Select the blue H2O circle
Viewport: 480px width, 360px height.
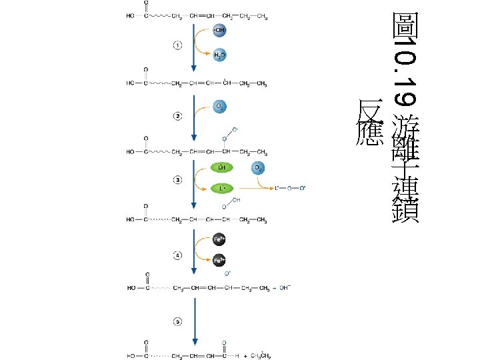[219, 56]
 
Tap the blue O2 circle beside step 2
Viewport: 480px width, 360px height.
[219, 106]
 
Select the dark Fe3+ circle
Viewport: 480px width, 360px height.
[219, 261]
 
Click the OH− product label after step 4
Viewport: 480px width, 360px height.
[286, 288]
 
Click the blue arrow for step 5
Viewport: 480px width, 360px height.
[194, 320]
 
